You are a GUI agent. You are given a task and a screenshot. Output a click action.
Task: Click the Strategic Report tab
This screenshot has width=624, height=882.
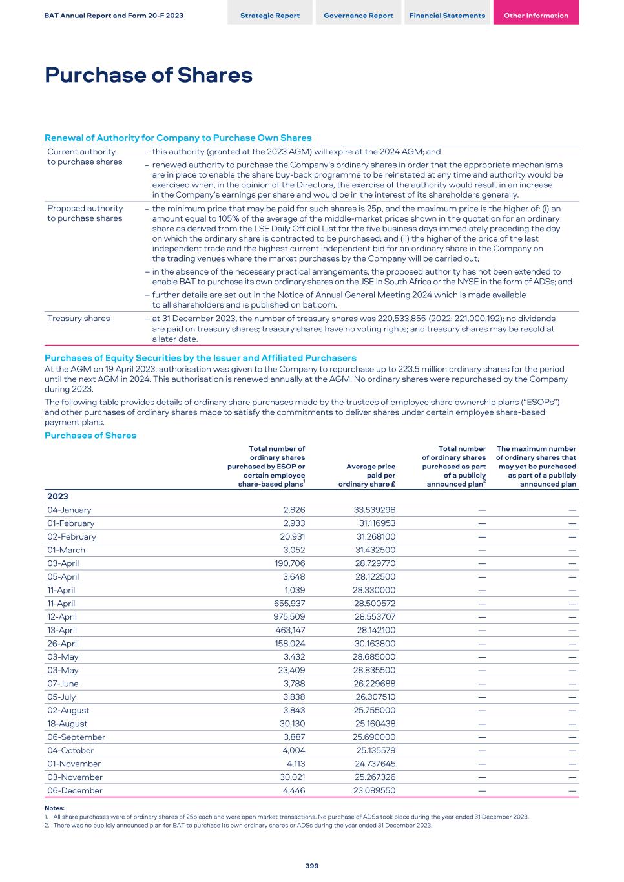click(x=269, y=16)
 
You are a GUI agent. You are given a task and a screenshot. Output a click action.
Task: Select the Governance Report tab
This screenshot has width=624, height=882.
click(x=358, y=16)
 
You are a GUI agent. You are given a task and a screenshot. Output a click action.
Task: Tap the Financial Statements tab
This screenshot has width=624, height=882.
click(x=447, y=16)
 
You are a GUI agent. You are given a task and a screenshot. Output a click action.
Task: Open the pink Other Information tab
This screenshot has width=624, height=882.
click(x=536, y=16)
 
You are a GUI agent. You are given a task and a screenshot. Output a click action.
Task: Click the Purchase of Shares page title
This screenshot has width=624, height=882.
click(x=149, y=76)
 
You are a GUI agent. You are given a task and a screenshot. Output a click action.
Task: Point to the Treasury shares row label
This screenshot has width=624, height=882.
click(x=79, y=319)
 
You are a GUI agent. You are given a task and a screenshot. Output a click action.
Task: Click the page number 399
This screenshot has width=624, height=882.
click(x=312, y=866)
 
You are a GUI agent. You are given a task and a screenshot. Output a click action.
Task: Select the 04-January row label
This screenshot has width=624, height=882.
click(x=69, y=510)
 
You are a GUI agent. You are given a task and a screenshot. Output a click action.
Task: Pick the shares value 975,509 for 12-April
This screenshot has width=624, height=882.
click(x=289, y=617)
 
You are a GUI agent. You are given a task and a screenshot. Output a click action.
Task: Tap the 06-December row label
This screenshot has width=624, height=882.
click(x=75, y=790)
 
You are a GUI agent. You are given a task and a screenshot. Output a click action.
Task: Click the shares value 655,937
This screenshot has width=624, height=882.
click(x=289, y=604)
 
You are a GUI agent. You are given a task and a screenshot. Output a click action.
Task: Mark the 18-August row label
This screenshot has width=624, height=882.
click(x=67, y=724)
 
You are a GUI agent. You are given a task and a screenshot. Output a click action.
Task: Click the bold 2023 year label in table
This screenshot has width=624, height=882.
click(x=57, y=496)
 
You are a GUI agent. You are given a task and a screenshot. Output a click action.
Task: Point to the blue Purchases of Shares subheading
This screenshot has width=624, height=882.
click(x=90, y=436)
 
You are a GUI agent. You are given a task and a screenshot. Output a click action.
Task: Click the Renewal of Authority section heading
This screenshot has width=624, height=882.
click(x=178, y=138)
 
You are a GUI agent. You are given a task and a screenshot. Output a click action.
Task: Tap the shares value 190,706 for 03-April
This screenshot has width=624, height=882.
click(x=289, y=563)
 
